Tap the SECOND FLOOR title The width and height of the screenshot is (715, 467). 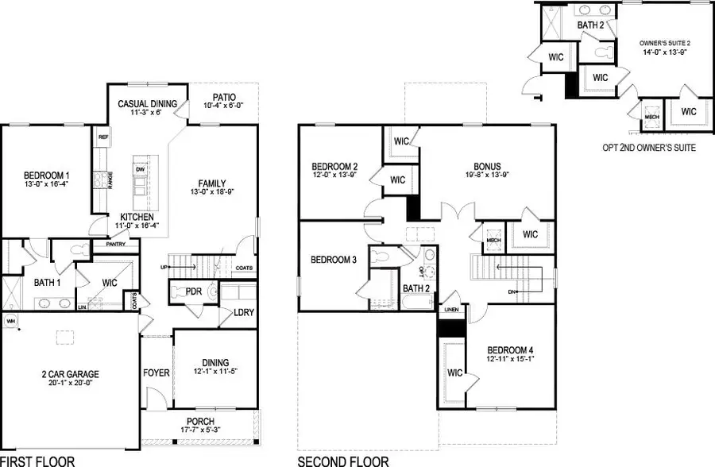click(x=343, y=460)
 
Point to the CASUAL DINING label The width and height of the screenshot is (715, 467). click(x=148, y=103)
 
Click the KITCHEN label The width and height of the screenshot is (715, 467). click(x=137, y=218)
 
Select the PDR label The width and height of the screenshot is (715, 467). click(x=194, y=291)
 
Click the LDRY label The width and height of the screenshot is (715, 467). click(x=243, y=312)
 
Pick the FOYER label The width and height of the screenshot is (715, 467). click(x=157, y=372)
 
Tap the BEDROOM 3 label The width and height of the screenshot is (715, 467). click(x=333, y=260)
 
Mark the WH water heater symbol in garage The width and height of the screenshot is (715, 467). click(x=11, y=320)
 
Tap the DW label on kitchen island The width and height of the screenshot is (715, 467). click(x=140, y=169)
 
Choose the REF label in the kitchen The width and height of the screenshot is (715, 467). click(x=102, y=137)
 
